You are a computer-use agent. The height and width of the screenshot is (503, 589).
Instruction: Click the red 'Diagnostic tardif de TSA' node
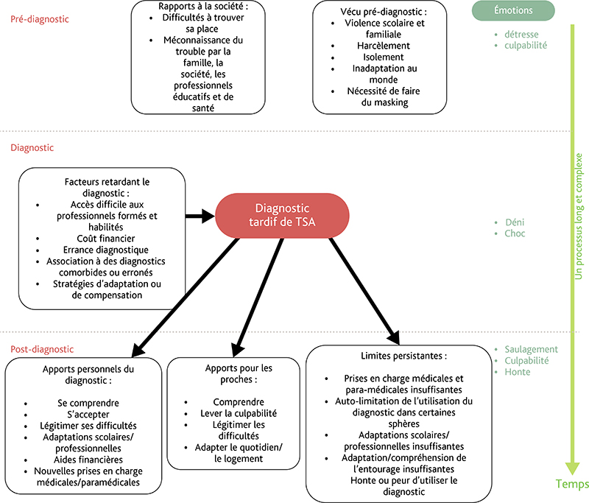282,215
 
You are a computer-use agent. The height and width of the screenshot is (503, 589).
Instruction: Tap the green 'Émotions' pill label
513,10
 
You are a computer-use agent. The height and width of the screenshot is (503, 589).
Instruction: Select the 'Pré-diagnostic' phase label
40,19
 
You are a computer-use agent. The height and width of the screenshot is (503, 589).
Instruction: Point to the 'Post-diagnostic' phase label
42,349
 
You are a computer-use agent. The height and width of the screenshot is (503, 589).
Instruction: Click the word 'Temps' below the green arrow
572,484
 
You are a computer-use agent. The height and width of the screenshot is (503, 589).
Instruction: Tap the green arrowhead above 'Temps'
573,468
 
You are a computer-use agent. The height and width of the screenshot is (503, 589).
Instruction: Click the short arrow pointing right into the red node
200,216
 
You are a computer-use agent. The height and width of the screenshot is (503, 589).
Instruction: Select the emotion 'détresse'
521,35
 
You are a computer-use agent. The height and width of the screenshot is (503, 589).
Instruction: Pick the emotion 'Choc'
515,233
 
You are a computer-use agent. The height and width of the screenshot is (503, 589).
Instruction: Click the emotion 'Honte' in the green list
518,372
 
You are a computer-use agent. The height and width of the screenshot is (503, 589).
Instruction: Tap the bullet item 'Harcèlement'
384,46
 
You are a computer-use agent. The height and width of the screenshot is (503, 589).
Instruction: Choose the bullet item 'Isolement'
384,57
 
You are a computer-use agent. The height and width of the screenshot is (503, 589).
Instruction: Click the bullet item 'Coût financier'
106,239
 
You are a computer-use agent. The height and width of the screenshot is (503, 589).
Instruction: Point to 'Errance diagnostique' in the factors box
106,250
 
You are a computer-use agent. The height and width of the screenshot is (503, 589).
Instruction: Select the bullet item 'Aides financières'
88,460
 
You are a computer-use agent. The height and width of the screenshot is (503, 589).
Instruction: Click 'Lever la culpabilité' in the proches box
239,414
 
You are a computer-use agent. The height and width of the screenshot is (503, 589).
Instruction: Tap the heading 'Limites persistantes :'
403,356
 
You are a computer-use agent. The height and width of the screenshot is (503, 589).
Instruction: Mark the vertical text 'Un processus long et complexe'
579,216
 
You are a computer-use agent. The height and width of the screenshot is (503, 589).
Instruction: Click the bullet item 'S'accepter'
88,415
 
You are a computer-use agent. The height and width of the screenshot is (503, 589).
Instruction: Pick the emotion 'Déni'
515,222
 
